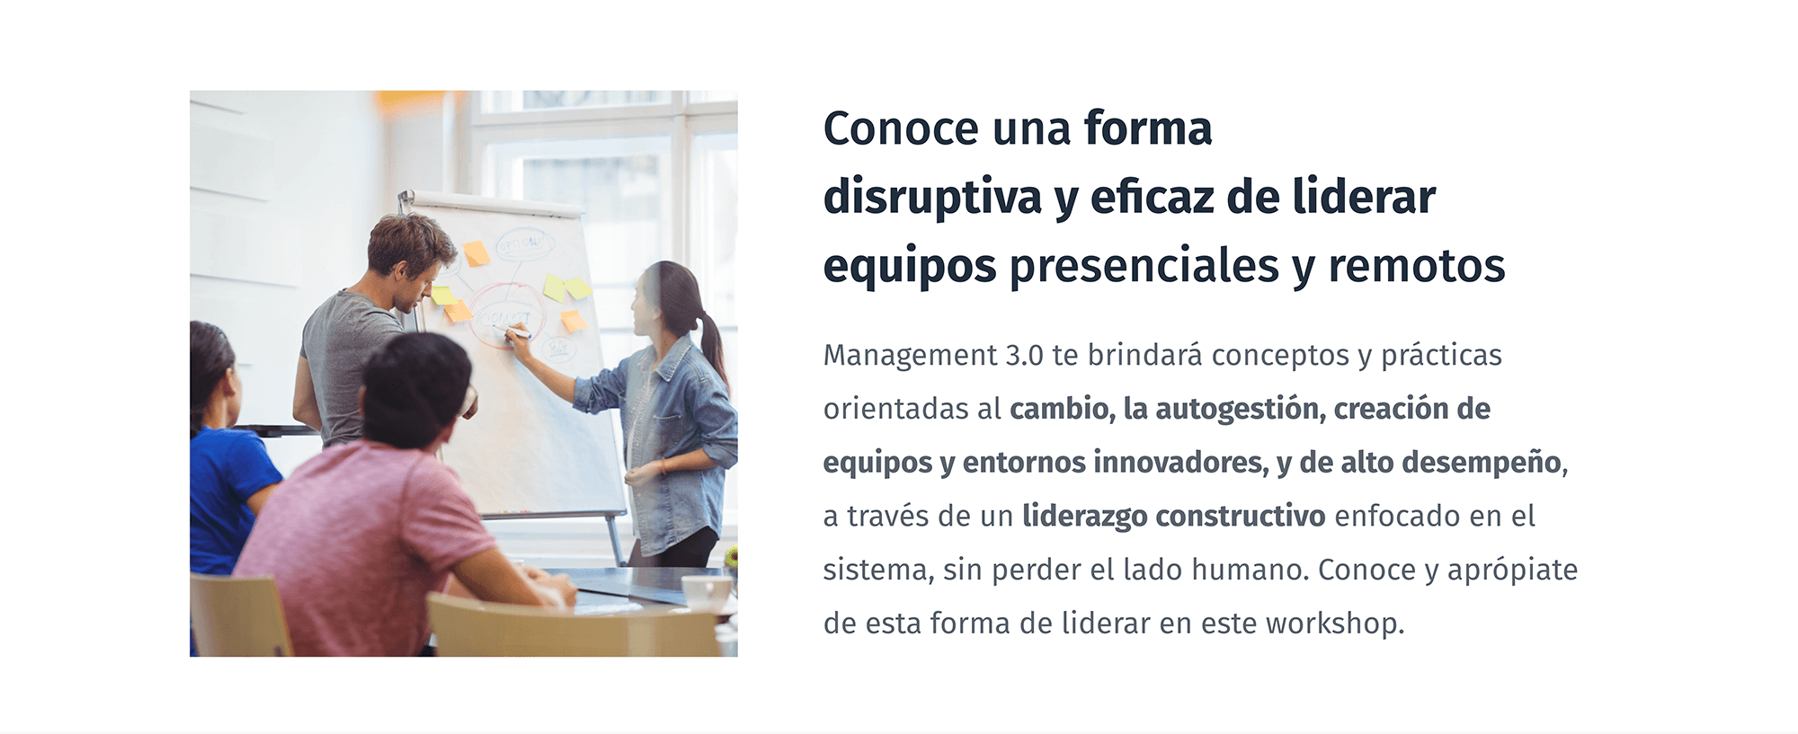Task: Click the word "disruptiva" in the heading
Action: [932, 198]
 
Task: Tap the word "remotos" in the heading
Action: [1417, 266]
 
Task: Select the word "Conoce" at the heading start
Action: [901, 128]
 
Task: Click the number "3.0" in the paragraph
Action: [1024, 356]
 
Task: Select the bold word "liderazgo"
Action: [1084, 517]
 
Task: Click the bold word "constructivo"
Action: [1240, 517]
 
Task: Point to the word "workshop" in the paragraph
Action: [1335, 623]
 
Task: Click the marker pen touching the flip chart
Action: [517, 333]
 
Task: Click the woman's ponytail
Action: [712, 349]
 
